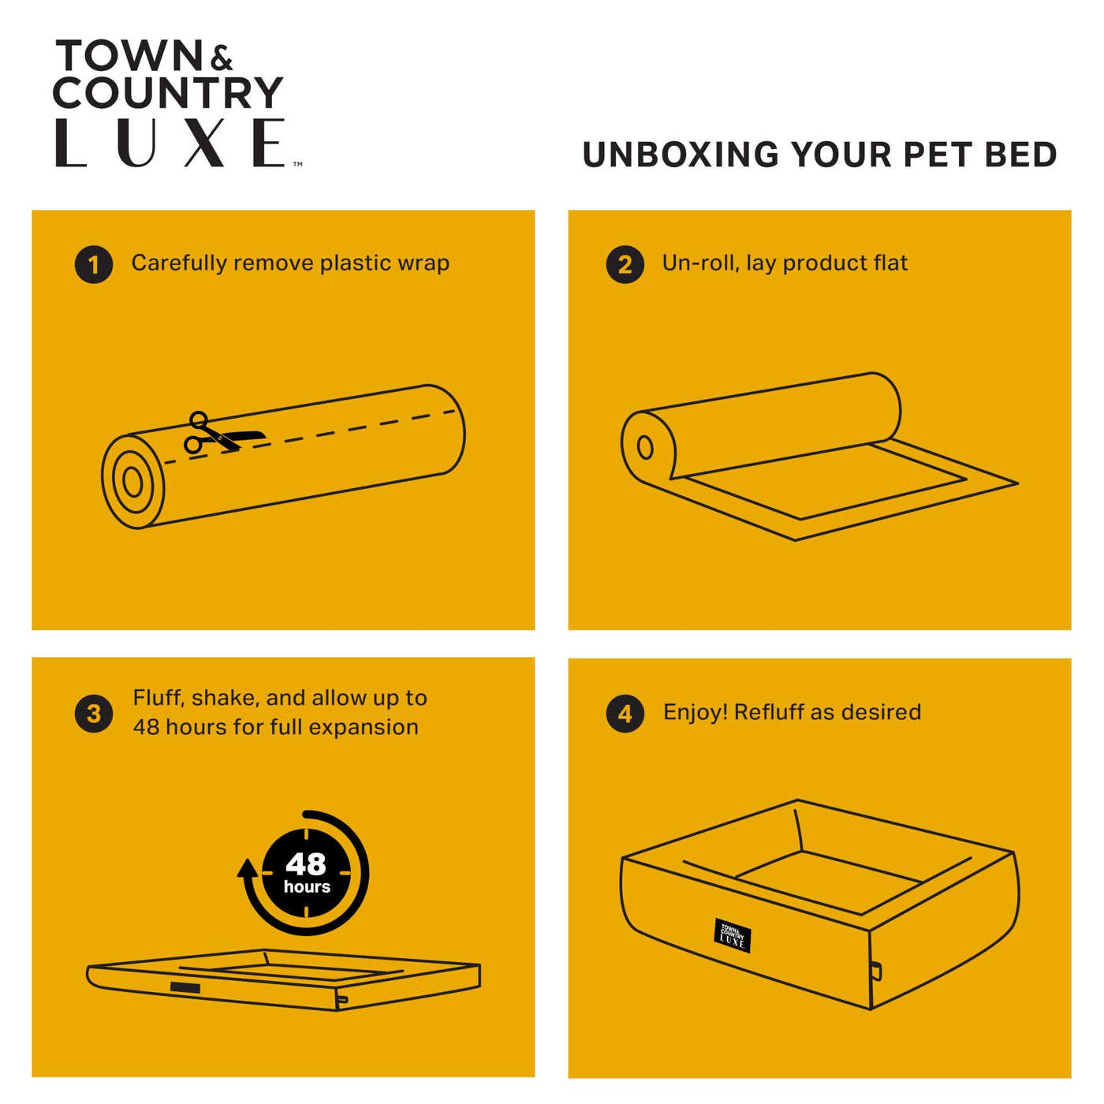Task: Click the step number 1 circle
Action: click(93, 265)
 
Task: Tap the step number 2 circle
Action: click(625, 265)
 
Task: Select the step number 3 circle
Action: click(93, 714)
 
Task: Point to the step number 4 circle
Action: click(625, 714)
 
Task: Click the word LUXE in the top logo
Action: click(170, 143)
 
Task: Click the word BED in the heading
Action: click(1020, 155)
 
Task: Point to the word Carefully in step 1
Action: click(179, 263)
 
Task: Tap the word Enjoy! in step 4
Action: click(696, 712)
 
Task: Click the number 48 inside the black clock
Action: click(306, 864)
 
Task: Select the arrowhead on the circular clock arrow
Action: click(248, 868)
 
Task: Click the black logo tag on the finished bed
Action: click(732, 935)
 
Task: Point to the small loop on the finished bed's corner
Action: click(876, 972)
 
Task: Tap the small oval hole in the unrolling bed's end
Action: click(645, 447)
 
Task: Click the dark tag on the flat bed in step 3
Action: click(185, 988)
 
